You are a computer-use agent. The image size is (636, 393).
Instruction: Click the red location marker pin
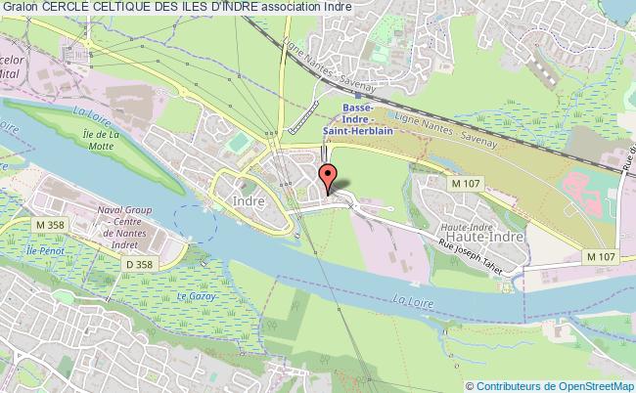pos(329,178)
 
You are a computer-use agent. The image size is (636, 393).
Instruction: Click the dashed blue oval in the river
pos(195,221)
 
